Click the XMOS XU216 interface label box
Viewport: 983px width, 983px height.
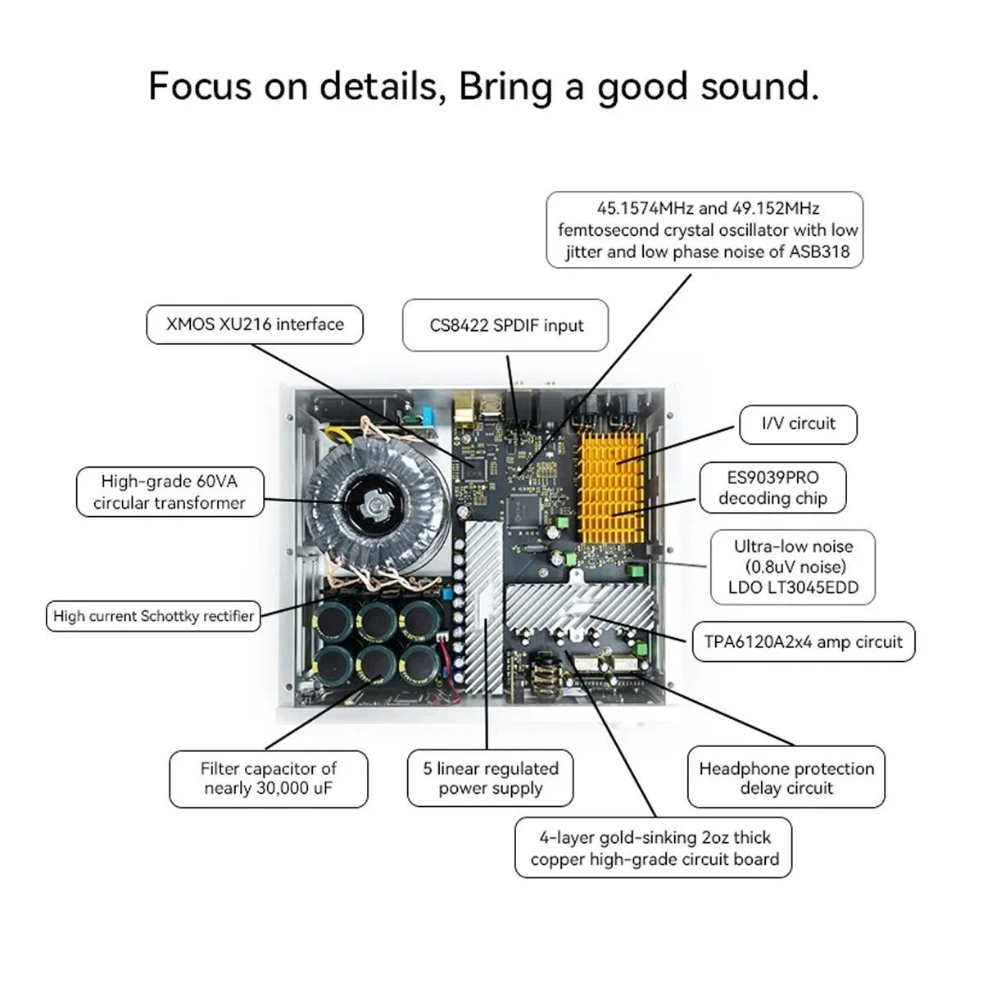point(254,324)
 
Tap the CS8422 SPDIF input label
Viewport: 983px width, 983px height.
point(505,325)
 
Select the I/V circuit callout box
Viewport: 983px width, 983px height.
point(798,424)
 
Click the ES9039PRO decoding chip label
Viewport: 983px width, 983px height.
point(772,488)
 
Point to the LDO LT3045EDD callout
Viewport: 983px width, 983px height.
point(793,567)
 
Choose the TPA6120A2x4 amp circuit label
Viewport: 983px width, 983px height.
point(803,642)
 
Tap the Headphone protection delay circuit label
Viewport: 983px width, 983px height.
point(786,777)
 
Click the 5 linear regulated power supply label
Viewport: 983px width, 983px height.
point(490,777)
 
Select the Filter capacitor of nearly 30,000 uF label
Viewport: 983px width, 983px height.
point(268,777)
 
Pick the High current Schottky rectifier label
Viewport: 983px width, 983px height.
point(153,616)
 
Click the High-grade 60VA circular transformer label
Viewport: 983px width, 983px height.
point(170,491)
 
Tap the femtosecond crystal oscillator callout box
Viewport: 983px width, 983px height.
point(704,230)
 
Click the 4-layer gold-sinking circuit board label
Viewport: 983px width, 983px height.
point(654,848)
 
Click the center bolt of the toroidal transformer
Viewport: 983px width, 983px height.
point(373,502)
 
